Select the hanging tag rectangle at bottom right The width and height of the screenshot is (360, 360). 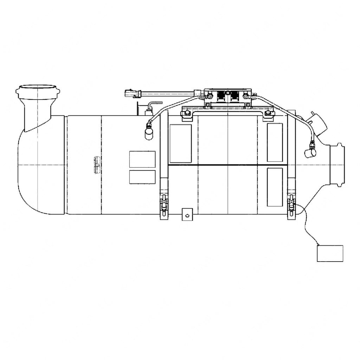330,253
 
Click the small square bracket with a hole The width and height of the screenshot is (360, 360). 187,214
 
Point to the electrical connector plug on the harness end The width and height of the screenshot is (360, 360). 133,94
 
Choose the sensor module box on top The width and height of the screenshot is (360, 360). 227,95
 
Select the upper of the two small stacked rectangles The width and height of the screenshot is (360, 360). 142,159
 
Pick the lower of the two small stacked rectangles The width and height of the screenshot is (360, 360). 142,177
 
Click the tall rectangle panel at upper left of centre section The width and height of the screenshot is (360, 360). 180,143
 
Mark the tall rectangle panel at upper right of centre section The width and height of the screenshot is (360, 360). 275,142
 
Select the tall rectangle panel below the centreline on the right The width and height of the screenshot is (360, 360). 275,187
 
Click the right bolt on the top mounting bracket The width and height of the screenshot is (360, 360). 269,113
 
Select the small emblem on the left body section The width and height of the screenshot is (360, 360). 97,165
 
